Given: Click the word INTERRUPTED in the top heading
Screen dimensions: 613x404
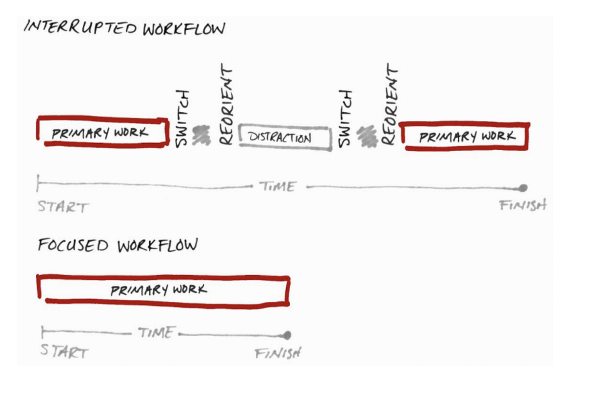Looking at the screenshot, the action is click(x=80, y=28).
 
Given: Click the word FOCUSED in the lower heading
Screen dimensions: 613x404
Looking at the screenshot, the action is click(x=73, y=245).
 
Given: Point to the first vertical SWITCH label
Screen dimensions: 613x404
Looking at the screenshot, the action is click(x=182, y=118).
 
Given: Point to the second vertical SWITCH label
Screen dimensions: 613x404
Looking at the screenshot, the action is click(x=345, y=118).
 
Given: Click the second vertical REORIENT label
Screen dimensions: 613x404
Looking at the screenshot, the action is click(x=389, y=104).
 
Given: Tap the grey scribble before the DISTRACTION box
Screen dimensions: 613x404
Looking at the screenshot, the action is click(x=201, y=135).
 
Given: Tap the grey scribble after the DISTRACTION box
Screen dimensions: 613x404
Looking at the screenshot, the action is click(x=367, y=136).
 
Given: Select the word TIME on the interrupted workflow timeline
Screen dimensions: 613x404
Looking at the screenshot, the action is click(x=278, y=186).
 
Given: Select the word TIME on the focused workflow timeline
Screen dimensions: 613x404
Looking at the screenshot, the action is click(x=156, y=332).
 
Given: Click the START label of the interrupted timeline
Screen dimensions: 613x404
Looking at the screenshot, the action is click(x=63, y=207).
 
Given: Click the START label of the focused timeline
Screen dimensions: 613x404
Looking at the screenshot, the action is click(x=64, y=351).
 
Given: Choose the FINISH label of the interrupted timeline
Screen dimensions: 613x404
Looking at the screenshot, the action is click(x=523, y=205).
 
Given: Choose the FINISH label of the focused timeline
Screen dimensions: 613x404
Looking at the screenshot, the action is click(x=278, y=353).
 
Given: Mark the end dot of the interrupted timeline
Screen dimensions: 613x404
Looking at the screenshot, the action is click(x=523, y=188).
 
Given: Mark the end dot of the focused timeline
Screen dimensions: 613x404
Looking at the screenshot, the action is click(x=287, y=335).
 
